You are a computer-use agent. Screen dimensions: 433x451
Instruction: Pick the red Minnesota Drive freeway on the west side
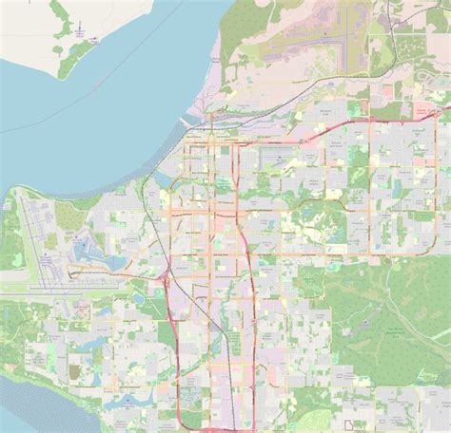[172, 323]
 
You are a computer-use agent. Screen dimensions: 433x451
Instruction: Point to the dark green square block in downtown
[225, 149]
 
